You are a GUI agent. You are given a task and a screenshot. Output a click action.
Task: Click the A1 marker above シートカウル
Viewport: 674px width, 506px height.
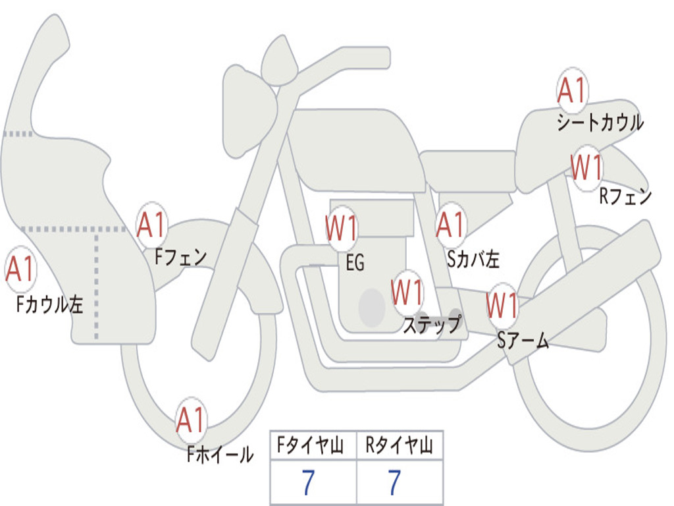tap(572, 90)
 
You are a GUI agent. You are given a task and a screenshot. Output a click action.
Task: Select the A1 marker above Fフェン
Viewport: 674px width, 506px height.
tap(151, 224)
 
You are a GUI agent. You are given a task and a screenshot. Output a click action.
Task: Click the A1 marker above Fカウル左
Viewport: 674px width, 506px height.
tap(20, 269)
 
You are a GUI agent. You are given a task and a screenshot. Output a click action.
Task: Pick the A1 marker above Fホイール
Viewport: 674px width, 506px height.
tap(191, 419)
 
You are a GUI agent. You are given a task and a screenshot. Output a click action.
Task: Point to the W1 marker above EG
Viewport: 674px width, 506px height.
tap(342, 227)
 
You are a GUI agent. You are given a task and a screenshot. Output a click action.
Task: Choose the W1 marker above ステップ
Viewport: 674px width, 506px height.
tap(407, 292)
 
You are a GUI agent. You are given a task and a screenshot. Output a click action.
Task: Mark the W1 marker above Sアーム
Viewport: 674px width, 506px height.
tap(502, 305)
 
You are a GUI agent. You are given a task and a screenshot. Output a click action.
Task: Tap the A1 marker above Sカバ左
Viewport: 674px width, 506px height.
tap(450, 224)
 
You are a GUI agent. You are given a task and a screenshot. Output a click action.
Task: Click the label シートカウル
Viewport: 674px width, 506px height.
tap(600, 122)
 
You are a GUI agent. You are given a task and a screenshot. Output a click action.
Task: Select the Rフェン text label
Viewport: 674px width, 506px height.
tap(625, 196)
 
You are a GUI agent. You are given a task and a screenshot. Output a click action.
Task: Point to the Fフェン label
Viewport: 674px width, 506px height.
tap(180, 257)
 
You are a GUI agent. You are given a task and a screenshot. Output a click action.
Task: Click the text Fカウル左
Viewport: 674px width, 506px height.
tap(49, 304)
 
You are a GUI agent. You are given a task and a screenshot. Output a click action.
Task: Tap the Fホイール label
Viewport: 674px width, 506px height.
tap(220, 454)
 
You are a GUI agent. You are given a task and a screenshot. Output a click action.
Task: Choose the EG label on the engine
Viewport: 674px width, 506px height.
tap(355, 262)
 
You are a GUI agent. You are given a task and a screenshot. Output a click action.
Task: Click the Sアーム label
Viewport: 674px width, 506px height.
tap(523, 341)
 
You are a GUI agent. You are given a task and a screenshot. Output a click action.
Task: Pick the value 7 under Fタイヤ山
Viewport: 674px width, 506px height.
tap(308, 482)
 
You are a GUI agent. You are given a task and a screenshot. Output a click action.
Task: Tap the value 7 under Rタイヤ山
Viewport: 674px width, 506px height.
tap(395, 482)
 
